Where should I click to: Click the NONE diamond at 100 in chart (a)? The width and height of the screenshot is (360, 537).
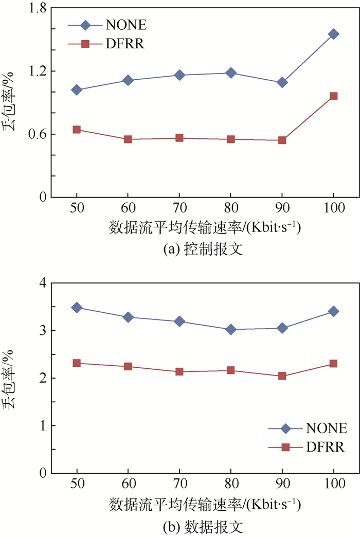point(333,34)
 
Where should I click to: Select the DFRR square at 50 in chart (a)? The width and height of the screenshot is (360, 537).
point(77,130)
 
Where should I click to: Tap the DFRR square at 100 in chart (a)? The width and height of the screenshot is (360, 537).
point(333,96)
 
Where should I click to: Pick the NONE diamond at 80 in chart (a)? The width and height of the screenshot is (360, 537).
point(231,73)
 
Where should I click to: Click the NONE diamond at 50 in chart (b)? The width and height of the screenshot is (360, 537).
point(77,308)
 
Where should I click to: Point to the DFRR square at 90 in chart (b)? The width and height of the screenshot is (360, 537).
point(282,376)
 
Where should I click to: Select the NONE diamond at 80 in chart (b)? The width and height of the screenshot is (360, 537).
point(231,329)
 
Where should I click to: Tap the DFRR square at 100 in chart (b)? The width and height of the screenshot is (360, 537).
point(333,364)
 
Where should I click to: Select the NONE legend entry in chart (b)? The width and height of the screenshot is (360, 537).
point(307,428)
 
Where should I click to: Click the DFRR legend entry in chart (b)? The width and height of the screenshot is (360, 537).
point(307,447)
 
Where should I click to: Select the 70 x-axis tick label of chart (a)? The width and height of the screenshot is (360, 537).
point(179,210)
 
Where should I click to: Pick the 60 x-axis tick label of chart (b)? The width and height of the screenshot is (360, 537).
point(128,486)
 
